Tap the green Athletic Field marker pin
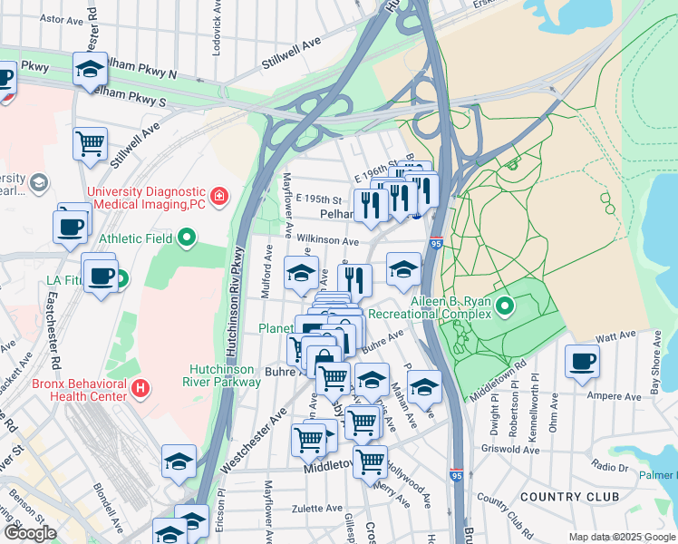coord(187,239)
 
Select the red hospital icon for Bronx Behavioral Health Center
coord(140,390)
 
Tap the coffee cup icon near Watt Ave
coord(582,362)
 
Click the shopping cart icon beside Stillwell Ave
coord(91,143)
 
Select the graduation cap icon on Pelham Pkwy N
coord(90,69)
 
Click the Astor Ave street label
coord(63,18)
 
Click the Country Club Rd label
coord(505,512)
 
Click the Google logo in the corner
coord(30,533)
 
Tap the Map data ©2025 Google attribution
coord(622,537)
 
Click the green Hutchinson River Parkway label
coord(225,375)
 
